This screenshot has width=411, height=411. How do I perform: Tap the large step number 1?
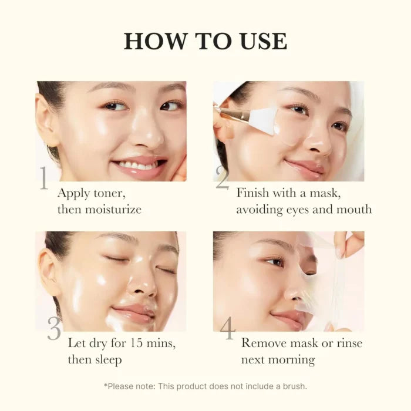click(44, 179)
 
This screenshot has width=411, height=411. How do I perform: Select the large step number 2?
click(222, 179)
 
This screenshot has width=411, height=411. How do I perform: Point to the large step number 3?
click(54, 329)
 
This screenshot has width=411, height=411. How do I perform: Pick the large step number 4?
click(227, 329)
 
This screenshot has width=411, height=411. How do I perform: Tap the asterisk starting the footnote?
click(105, 385)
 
